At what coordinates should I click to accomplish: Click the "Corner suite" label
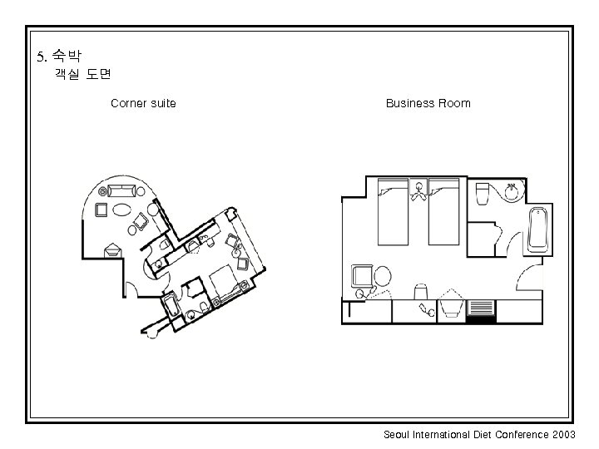pyautogui.click(x=143, y=104)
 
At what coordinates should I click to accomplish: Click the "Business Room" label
pyautogui.click(x=428, y=104)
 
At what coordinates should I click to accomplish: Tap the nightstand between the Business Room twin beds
pyautogui.click(x=418, y=192)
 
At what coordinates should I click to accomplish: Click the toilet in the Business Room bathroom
pyautogui.click(x=482, y=195)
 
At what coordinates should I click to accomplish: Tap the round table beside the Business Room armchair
pyautogui.click(x=384, y=275)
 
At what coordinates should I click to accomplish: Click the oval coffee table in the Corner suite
pyautogui.click(x=121, y=209)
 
